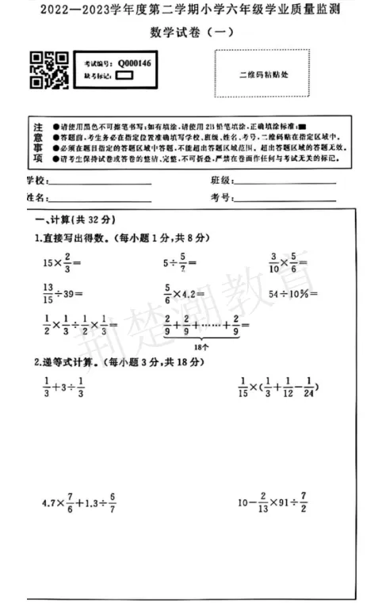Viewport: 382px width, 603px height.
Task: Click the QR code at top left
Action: coord(48,70)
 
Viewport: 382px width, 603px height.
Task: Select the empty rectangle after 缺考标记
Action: coord(124,76)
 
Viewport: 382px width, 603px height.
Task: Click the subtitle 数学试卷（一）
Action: coord(191,32)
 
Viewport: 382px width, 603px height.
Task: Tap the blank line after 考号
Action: coord(285,198)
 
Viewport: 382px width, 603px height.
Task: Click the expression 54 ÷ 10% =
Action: coord(293,294)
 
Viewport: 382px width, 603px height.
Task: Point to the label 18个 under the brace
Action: coord(201,346)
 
